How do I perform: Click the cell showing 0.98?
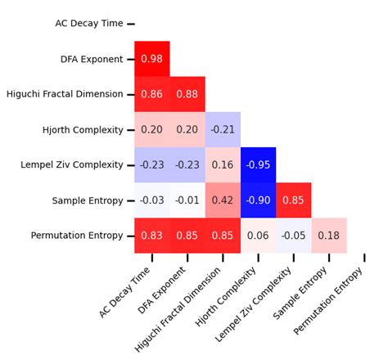(152, 59)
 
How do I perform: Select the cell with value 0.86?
(152, 94)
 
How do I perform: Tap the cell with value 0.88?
(187, 94)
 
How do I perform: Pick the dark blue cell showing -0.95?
(258, 164)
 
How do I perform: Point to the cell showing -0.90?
(258, 200)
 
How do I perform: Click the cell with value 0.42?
(223, 200)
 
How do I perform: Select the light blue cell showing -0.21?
(223, 129)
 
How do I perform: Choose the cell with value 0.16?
(223, 164)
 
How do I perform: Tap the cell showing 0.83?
(152, 236)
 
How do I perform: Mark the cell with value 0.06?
(258, 236)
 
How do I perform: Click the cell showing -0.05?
(293, 236)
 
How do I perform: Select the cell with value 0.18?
(328, 236)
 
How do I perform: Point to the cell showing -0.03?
(152, 200)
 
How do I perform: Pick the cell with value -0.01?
(187, 200)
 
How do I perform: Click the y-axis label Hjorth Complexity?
(83, 129)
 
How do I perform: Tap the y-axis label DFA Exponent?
(92, 59)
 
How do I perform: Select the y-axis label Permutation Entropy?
(77, 236)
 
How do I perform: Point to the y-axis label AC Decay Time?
(89, 24)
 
